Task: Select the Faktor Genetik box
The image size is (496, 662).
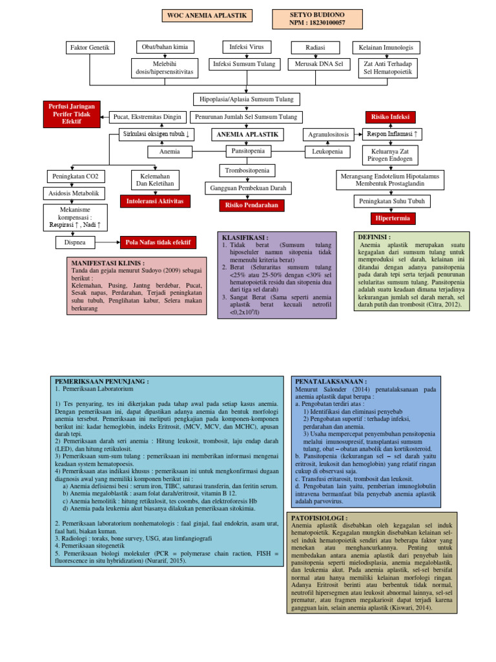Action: [x=90, y=48]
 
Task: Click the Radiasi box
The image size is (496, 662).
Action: [x=307, y=48]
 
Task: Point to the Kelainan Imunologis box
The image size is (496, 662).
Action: [x=386, y=48]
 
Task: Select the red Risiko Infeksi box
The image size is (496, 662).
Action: [x=391, y=117]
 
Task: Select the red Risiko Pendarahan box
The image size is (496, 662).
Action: [x=247, y=205]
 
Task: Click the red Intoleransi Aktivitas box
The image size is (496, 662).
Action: [x=155, y=201]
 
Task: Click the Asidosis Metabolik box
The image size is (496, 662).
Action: [x=72, y=193]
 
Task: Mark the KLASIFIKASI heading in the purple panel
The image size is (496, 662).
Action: [x=245, y=237]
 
